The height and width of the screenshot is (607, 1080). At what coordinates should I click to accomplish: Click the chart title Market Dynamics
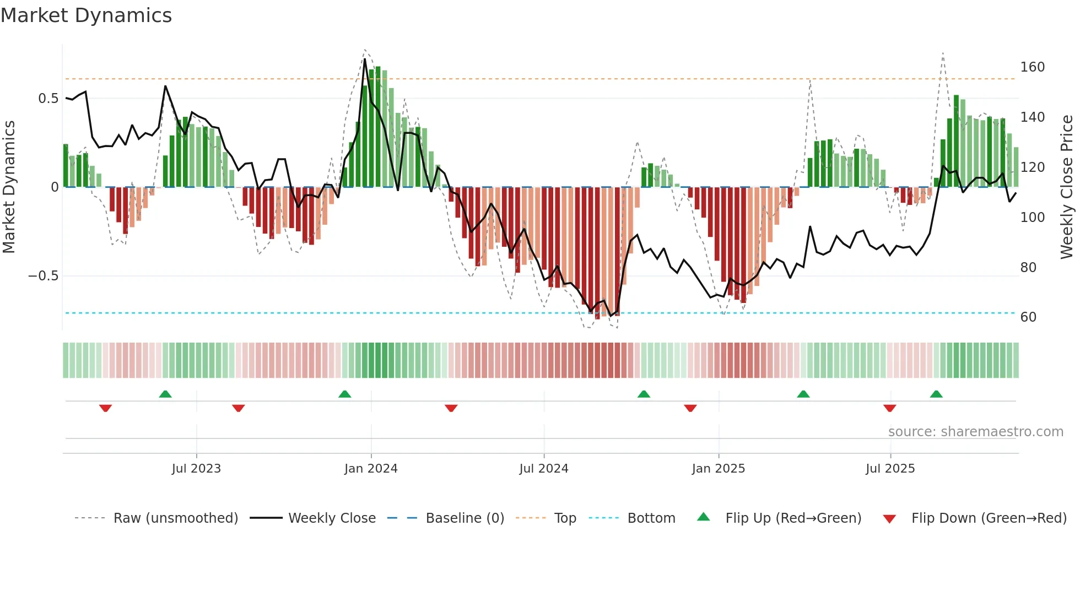(x=86, y=15)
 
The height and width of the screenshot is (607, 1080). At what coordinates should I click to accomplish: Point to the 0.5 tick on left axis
(x=48, y=99)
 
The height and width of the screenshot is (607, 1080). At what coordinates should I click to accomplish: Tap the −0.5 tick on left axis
(x=44, y=276)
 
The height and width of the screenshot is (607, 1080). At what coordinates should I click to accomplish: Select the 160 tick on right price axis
(x=1032, y=67)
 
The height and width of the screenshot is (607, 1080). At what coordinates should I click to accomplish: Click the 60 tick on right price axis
(x=1028, y=317)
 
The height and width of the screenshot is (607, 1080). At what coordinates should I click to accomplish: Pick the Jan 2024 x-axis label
(x=371, y=469)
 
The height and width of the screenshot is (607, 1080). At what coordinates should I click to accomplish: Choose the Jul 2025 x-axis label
(x=890, y=469)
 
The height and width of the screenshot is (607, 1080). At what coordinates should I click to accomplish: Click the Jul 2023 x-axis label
(x=196, y=469)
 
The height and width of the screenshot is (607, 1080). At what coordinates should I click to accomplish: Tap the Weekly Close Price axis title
(x=1067, y=187)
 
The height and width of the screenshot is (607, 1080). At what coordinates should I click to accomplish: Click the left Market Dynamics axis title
(x=9, y=187)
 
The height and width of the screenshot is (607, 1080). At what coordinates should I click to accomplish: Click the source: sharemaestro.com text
(x=975, y=432)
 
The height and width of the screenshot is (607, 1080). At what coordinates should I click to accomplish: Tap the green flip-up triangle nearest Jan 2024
(x=344, y=394)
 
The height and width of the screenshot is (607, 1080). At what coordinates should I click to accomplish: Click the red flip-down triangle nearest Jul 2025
(x=889, y=408)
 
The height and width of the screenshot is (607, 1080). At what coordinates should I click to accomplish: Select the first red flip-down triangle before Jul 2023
(x=106, y=408)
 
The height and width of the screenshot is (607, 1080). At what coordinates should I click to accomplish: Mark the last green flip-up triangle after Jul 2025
(x=936, y=394)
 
